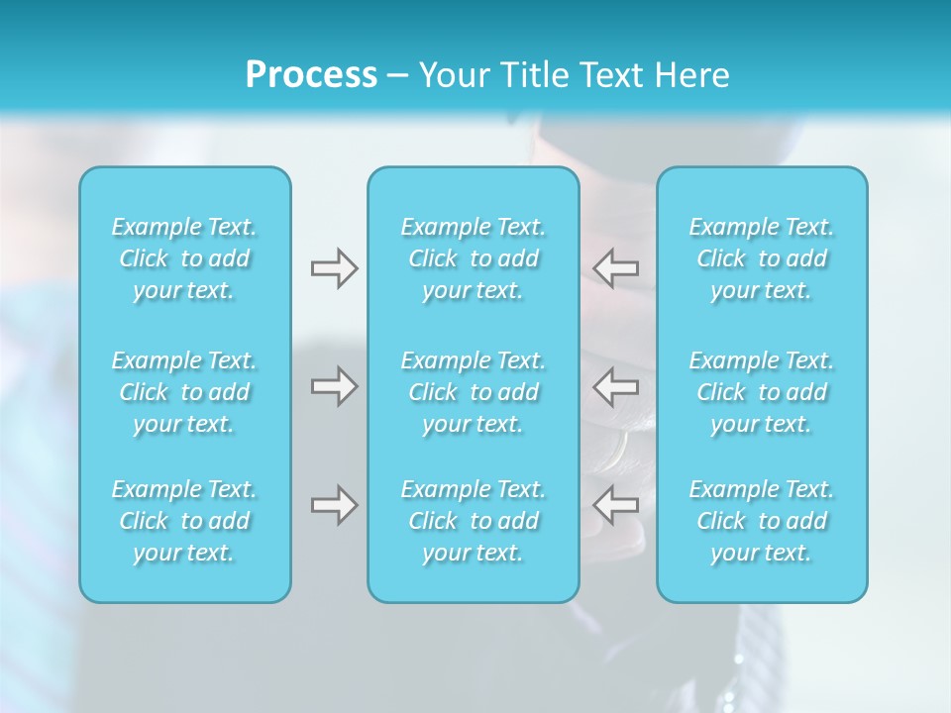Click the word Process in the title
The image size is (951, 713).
pyautogui.click(x=311, y=75)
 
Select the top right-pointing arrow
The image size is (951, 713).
pyautogui.click(x=334, y=268)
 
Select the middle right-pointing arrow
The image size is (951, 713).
pyautogui.click(x=334, y=386)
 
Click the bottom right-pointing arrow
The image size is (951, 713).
pyautogui.click(x=334, y=506)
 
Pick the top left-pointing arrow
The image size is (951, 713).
pyautogui.click(x=616, y=268)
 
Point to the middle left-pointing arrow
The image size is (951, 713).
pyautogui.click(x=616, y=386)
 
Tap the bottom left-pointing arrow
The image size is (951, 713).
pyautogui.click(x=616, y=506)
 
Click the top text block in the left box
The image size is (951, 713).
pyautogui.click(x=184, y=258)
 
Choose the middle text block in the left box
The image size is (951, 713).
pyautogui.click(x=184, y=392)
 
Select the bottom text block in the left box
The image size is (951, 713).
pyautogui.click(x=184, y=521)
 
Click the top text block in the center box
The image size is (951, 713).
pyautogui.click(x=474, y=258)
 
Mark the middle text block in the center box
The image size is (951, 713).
pyautogui.click(x=474, y=392)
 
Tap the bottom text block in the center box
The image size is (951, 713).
pyautogui.click(x=474, y=521)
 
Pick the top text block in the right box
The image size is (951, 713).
pyautogui.click(x=762, y=258)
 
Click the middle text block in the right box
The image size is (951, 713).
pyautogui.click(x=762, y=392)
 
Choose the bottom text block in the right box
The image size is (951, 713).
pyautogui.click(x=762, y=521)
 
